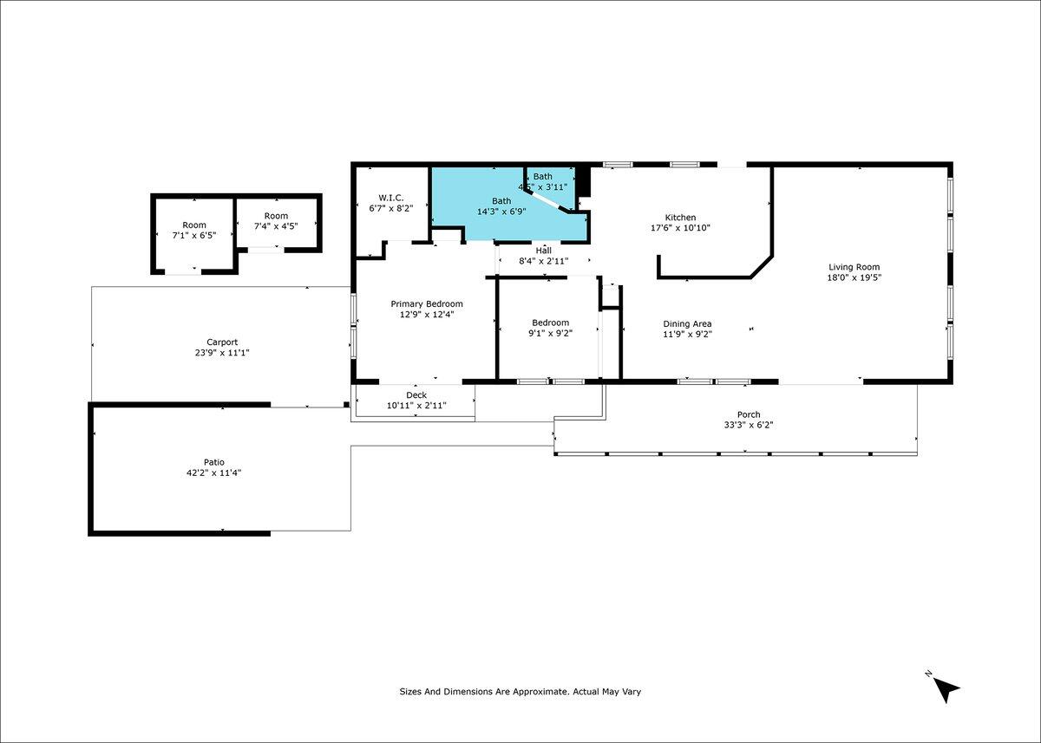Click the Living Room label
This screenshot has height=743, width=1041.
click(854, 267)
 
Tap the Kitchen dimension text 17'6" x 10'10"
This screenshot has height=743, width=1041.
click(680, 228)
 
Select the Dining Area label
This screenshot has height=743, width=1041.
click(687, 323)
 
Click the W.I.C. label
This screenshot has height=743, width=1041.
click(391, 198)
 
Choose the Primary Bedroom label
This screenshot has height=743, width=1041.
click(427, 303)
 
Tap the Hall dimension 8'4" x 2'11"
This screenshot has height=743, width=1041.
click(544, 261)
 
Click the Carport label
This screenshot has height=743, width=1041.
click(222, 342)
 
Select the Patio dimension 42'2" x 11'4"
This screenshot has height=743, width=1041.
click(214, 473)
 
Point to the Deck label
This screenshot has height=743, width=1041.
click(416, 395)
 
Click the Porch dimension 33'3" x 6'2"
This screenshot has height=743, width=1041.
click(749, 425)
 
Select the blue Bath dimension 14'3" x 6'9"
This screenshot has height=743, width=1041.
click(501, 212)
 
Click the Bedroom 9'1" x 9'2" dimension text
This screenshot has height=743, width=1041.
click(550, 334)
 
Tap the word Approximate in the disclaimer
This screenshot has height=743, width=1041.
click(540, 692)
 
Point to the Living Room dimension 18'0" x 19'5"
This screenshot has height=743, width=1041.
click(854, 277)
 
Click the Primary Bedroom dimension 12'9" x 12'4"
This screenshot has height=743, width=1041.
click(427, 315)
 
